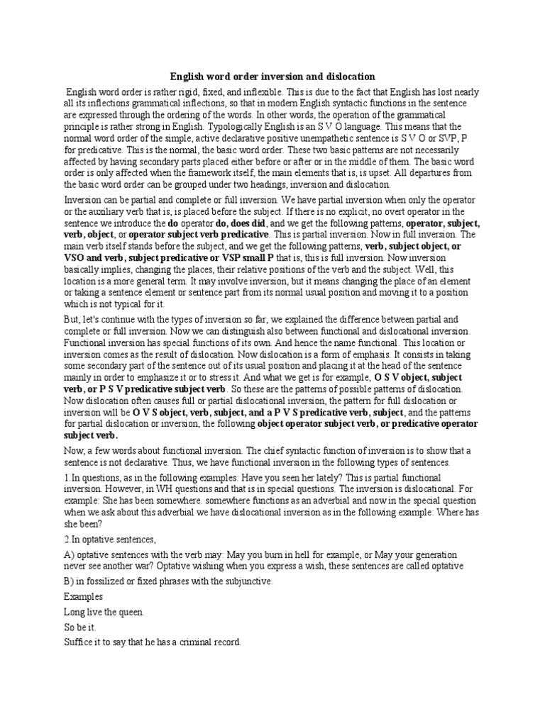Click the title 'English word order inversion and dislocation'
pos(272,76)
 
